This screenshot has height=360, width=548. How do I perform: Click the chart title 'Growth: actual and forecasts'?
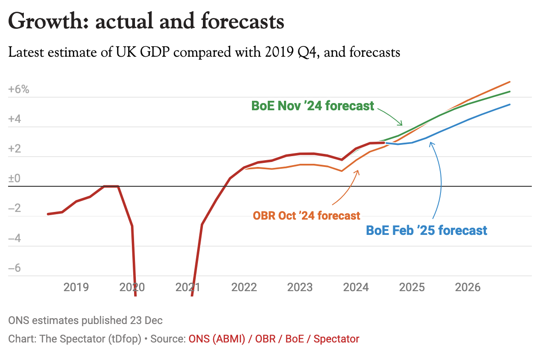pyautogui.click(x=146, y=22)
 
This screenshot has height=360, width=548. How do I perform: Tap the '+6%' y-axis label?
pyautogui.click(x=18, y=90)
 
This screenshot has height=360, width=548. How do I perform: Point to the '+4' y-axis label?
pyautogui.click(x=15, y=120)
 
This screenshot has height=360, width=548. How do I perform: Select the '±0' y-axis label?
pyautogui.click(x=15, y=179)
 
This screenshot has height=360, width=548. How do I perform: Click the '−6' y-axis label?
pyautogui.click(x=15, y=268)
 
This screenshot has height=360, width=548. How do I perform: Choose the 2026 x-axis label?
pyautogui.click(x=468, y=287)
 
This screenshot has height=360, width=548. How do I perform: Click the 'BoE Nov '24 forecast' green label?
pyautogui.click(x=313, y=106)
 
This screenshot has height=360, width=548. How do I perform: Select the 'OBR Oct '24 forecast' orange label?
pyautogui.click(x=306, y=216)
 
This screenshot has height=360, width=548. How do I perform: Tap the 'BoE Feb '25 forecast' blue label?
pyautogui.click(x=427, y=230)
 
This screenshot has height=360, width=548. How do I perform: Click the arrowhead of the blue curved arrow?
pyautogui.click(x=431, y=143)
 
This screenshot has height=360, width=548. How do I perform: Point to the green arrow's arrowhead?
pyautogui.click(x=402, y=125)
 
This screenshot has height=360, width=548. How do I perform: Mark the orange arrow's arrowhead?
pyautogui.click(x=358, y=171)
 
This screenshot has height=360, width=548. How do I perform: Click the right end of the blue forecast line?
pyautogui.click(x=510, y=104)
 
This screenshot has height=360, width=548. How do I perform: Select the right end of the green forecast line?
pyautogui.click(x=510, y=91)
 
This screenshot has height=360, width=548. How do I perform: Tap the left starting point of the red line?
pyautogui.click(x=48, y=214)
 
